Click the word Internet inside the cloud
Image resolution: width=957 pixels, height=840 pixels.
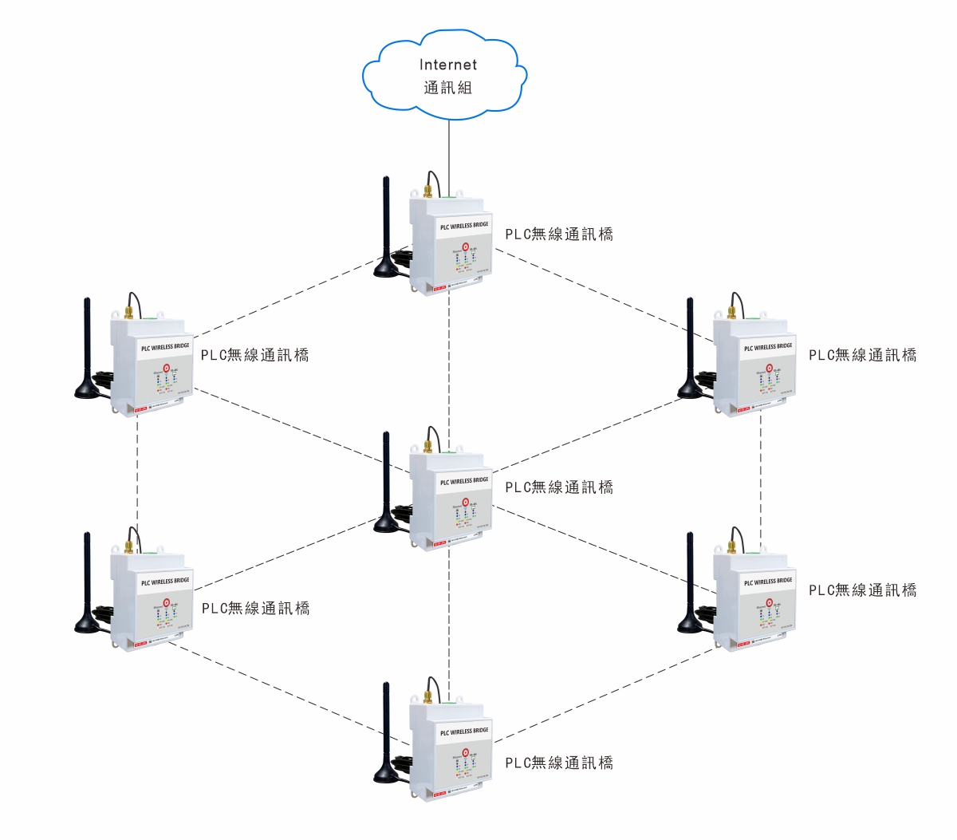(448, 65)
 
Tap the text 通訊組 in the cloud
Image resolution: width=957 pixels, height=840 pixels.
(448, 88)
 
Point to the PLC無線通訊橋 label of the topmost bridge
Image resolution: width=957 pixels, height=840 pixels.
(559, 235)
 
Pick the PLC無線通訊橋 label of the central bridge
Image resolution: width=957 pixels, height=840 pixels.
(559, 487)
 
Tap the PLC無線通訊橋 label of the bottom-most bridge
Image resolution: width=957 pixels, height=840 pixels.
(559, 763)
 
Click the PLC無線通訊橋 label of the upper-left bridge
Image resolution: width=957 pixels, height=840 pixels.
(255, 356)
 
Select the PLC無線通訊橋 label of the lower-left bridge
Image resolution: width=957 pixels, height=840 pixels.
(255, 609)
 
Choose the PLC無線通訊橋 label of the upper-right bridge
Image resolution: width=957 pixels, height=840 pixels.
(863, 356)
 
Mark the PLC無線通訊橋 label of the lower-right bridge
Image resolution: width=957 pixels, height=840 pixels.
(863, 590)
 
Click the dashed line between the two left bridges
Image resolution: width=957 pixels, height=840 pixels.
(138, 479)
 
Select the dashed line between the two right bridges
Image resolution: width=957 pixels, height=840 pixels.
(761, 479)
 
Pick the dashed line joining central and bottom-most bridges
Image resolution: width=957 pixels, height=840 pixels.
(449, 622)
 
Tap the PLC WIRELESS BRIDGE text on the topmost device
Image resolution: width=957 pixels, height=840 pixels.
(464, 226)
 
